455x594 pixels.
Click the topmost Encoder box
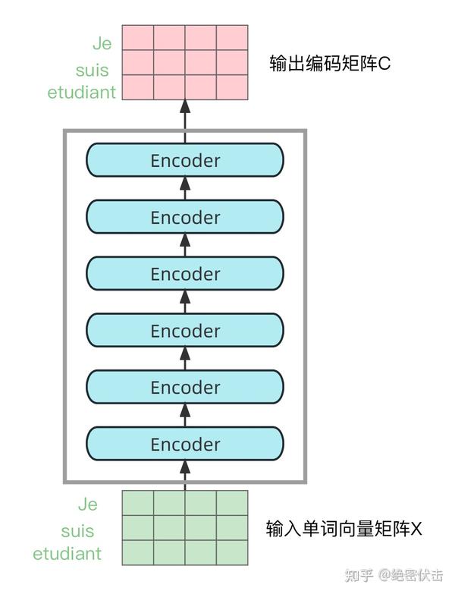pyautogui.click(x=185, y=160)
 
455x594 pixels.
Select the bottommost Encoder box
pyautogui.click(x=185, y=444)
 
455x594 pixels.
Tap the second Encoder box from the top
pyautogui.click(x=185, y=217)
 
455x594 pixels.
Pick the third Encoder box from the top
pyautogui.click(x=185, y=274)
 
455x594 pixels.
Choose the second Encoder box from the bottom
pyautogui.click(x=185, y=387)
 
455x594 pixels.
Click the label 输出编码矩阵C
pyautogui.click(x=330, y=63)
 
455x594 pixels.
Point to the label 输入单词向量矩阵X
pyautogui.click(x=344, y=528)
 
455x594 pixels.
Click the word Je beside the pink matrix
pyautogui.click(x=102, y=43)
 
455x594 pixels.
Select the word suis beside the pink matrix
pyautogui.click(x=92, y=70)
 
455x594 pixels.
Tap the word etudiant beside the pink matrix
pyautogui.click(x=81, y=93)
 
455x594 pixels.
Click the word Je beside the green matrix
pyautogui.click(x=88, y=504)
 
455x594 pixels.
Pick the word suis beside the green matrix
pyautogui.click(x=77, y=531)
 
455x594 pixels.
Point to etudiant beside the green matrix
pyautogui.click(x=67, y=554)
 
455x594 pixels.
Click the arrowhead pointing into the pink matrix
pyautogui.click(x=185, y=106)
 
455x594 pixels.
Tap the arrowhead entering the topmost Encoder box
pyautogui.click(x=185, y=184)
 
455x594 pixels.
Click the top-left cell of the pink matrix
pyautogui.click(x=138, y=37)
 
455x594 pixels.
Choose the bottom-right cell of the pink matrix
pyautogui.click(x=232, y=87)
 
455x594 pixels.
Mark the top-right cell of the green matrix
pyautogui.click(x=232, y=503)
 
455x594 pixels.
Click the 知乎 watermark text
pyautogui.click(x=359, y=575)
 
